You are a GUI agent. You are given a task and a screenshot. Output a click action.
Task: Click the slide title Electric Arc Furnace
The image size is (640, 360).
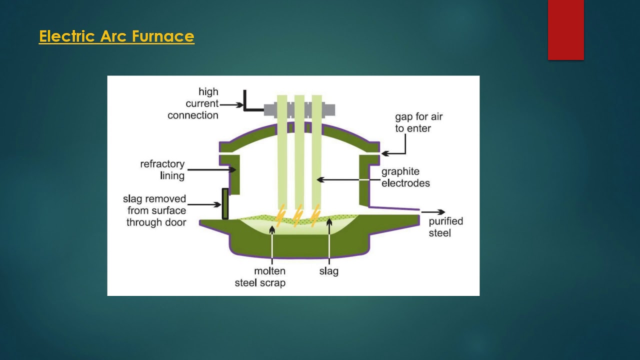tap(116, 36)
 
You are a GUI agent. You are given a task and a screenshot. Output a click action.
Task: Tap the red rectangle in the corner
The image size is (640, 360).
tap(565, 29)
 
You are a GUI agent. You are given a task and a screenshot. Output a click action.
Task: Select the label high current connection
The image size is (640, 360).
tap(193, 103)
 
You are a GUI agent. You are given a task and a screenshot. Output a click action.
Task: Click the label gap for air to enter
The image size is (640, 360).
tap(418, 122)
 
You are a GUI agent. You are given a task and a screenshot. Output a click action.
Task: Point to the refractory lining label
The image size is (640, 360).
tap(162, 170)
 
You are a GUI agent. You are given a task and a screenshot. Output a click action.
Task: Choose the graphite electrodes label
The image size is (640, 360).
tap(405, 177)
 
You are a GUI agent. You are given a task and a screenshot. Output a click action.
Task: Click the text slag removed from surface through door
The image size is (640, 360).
tap(155, 210)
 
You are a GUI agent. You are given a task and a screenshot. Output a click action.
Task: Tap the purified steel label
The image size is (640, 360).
tap(445, 227)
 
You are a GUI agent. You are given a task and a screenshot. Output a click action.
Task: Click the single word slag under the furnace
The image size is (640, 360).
tap(328, 271)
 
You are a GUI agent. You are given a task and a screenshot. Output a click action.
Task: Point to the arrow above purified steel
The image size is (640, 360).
tap(433, 212)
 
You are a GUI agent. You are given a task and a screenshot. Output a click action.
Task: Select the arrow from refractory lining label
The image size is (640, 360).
tap(212, 170)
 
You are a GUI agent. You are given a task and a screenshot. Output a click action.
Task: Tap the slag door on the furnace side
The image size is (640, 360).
tap(225, 203)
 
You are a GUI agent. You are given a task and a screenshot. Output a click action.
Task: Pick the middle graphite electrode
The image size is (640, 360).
tap(299, 150)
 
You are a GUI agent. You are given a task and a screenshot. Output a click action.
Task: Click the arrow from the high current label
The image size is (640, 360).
tap(232, 104)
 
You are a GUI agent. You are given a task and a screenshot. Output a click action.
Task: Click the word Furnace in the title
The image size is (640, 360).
tap(163, 36)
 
